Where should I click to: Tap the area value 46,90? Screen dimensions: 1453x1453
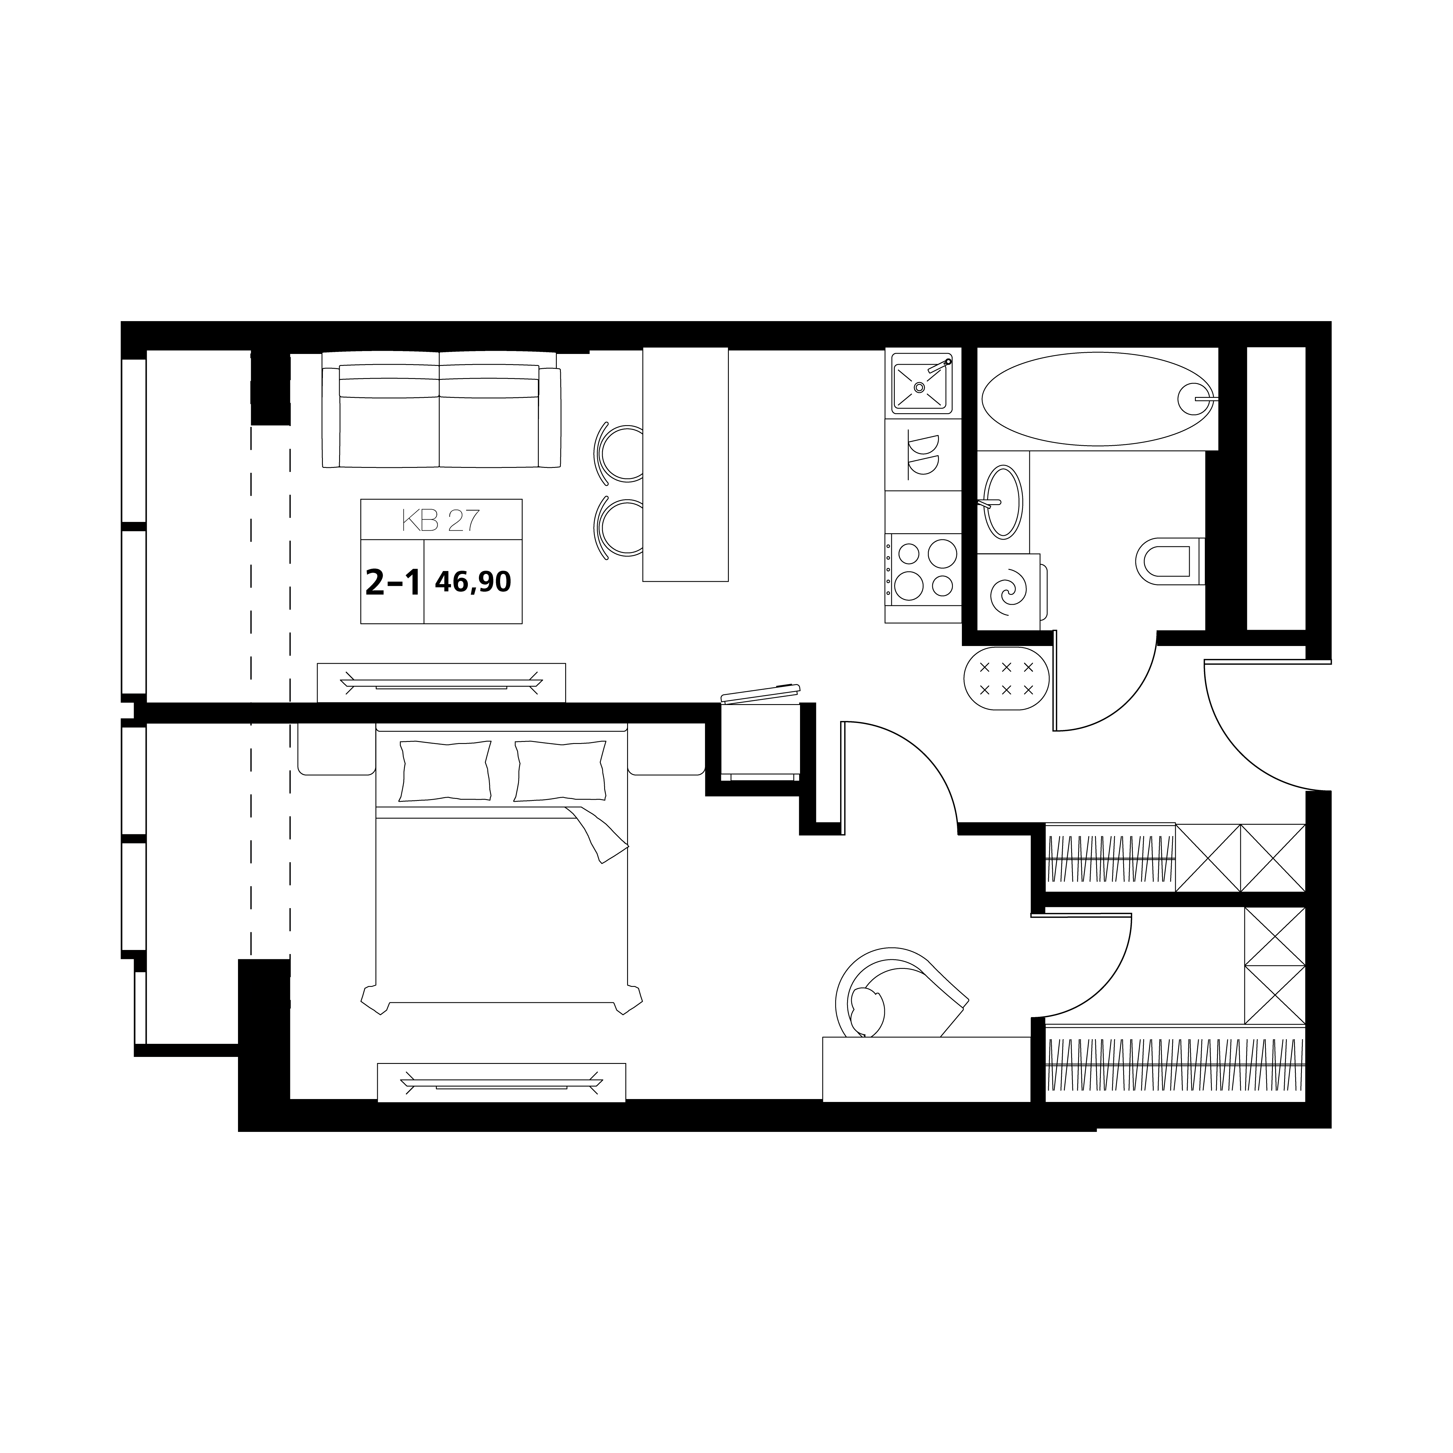(473, 581)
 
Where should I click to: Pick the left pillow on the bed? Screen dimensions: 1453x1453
(445, 771)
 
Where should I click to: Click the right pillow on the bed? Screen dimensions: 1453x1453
(560, 771)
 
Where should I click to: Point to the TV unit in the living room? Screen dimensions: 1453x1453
(441, 683)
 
